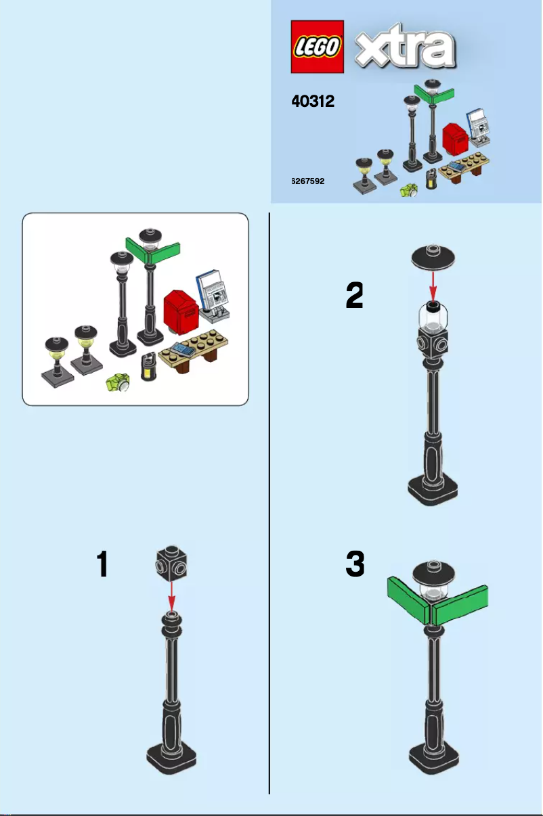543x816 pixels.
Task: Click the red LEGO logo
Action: (317, 46)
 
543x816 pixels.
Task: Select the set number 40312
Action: (313, 101)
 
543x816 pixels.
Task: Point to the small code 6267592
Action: (308, 181)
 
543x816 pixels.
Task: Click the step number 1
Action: (102, 564)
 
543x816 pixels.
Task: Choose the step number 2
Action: (354, 296)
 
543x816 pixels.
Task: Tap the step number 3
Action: (355, 564)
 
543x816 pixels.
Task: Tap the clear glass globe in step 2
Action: (433, 319)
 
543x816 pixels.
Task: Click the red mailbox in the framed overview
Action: (180, 311)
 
